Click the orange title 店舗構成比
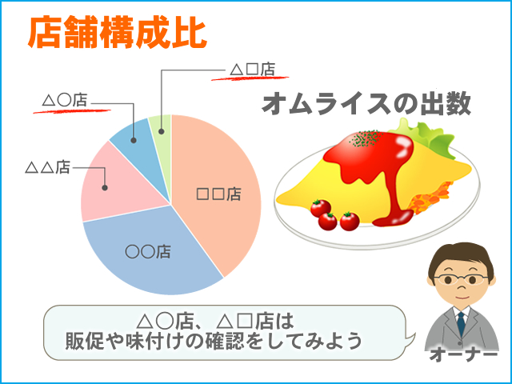click(x=118, y=33)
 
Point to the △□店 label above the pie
click(x=252, y=70)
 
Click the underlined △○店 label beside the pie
click(x=65, y=101)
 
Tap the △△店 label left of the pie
click(x=48, y=167)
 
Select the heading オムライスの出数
click(x=366, y=104)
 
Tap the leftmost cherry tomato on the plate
click(x=320, y=208)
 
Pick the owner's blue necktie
click(x=461, y=323)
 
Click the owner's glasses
click(x=461, y=279)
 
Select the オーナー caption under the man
click(x=463, y=354)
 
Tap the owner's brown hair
click(x=461, y=258)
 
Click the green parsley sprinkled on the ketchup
click(x=366, y=138)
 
